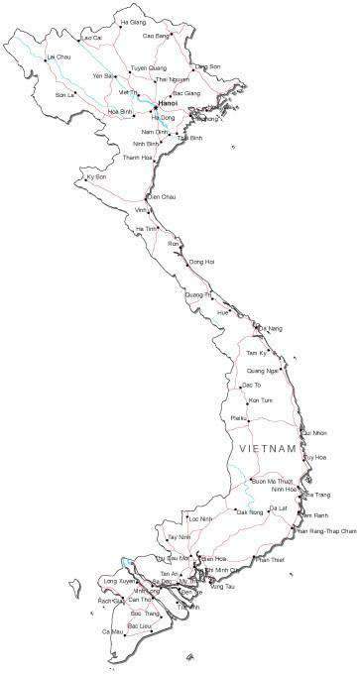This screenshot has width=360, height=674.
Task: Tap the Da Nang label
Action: (271, 328)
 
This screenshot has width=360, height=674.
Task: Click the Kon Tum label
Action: (260, 399)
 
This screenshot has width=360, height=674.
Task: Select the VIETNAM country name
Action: (269, 450)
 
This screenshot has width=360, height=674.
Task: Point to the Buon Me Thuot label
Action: (273, 480)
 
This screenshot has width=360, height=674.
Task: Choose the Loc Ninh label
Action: (200, 518)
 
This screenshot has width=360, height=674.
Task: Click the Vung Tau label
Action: (223, 587)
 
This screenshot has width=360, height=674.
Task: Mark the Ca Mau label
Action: (112, 630)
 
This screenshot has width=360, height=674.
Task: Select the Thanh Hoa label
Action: (138, 158)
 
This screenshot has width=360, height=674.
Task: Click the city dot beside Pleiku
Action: (249, 419)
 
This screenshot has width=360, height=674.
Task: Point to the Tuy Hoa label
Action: (315, 457)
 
